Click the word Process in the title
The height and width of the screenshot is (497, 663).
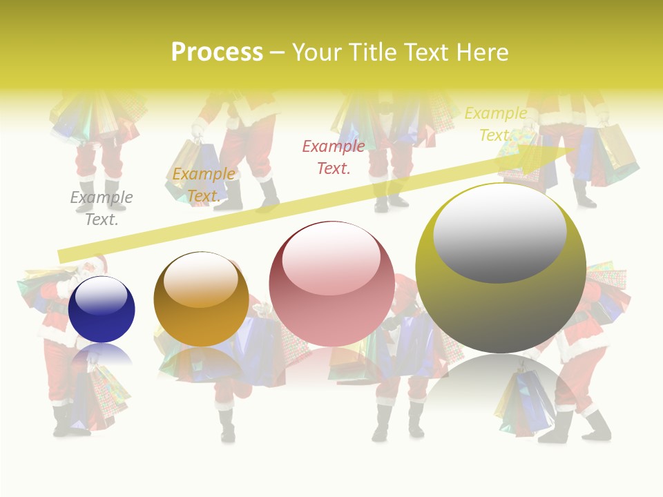coord(217,52)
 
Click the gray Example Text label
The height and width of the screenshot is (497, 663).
coord(102,208)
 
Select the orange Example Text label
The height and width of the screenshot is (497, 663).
coord(204,185)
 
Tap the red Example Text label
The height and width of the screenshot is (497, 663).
coord(334,157)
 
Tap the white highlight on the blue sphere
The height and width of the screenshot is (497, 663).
coord(101,297)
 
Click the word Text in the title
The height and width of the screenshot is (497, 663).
coord(425,52)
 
